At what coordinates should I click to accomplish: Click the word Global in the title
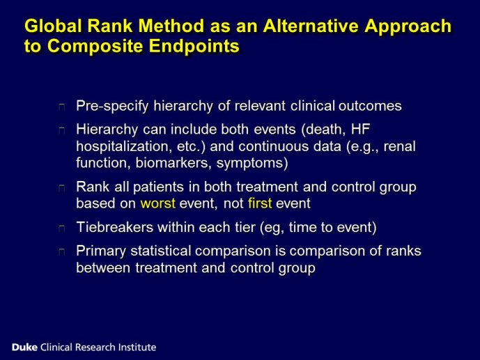[53, 25]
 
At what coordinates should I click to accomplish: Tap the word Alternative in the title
[311, 25]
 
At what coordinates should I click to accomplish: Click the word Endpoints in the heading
[194, 46]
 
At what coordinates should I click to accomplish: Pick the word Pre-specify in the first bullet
[112, 106]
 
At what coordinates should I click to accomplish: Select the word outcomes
[370, 106]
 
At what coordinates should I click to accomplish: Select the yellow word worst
[158, 203]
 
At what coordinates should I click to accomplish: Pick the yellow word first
[260, 203]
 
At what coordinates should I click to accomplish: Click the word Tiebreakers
[115, 227]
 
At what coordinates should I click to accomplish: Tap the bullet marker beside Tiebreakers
[62, 228]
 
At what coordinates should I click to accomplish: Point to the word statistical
[161, 251]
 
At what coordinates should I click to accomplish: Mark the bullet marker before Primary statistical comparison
[62, 251]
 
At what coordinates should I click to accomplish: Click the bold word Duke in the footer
[24, 347]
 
